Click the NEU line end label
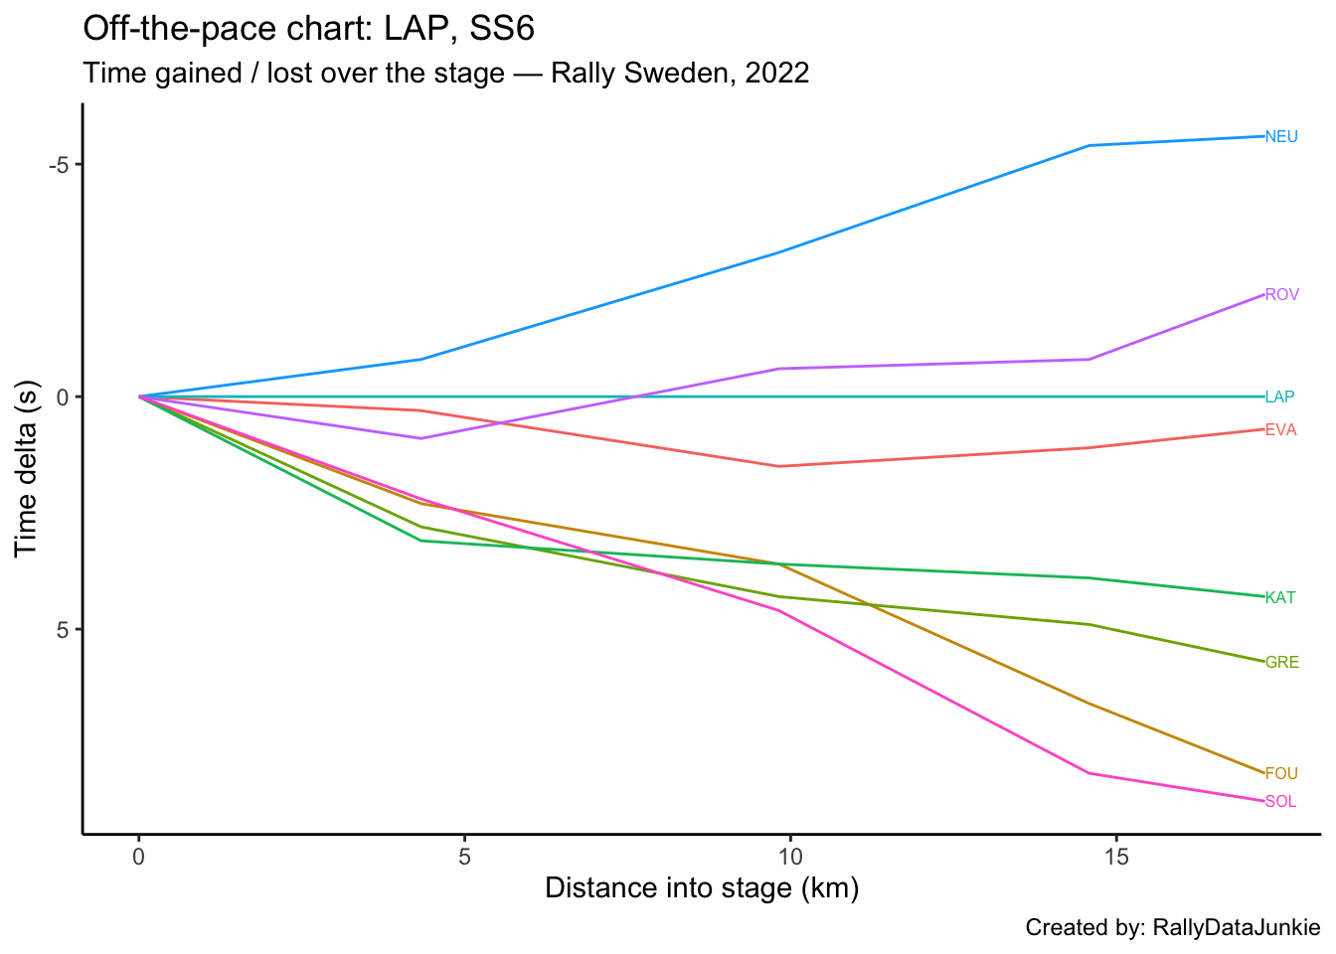coord(1281,137)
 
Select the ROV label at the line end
coord(1281,295)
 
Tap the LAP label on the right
coord(1279,397)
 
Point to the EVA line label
coord(1280,430)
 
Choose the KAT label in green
coord(1280,598)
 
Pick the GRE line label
coord(1281,663)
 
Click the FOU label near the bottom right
coord(1281,774)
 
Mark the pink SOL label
coord(1280,802)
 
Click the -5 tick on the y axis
coord(58,164)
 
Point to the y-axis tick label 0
coord(62,397)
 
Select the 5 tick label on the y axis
coord(62,629)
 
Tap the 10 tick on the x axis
coord(789,857)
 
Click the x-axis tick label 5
coord(464,857)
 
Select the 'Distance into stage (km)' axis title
coord(702,887)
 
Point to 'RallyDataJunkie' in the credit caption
coord(1236,928)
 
